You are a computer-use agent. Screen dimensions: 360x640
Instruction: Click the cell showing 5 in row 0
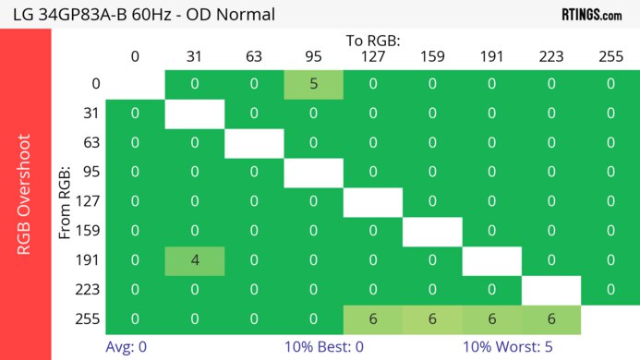click(313, 84)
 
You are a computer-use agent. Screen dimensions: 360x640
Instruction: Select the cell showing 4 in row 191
click(195, 260)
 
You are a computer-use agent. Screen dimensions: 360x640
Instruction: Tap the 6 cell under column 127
click(372, 318)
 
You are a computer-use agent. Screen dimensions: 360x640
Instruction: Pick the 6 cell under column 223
click(550, 318)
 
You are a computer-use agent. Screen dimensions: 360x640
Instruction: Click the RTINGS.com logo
click(591, 15)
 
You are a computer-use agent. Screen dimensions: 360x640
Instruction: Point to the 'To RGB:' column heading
click(372, 42)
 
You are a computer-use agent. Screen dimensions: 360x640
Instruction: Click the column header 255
click(610, 57)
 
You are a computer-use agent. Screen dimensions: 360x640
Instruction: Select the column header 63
click(254, 57)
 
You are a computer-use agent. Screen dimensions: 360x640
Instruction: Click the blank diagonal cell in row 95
click(313, 172)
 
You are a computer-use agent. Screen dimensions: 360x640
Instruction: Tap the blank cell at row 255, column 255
click(610, 318)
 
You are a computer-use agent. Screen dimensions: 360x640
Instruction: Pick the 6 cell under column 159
click(431, 318)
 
